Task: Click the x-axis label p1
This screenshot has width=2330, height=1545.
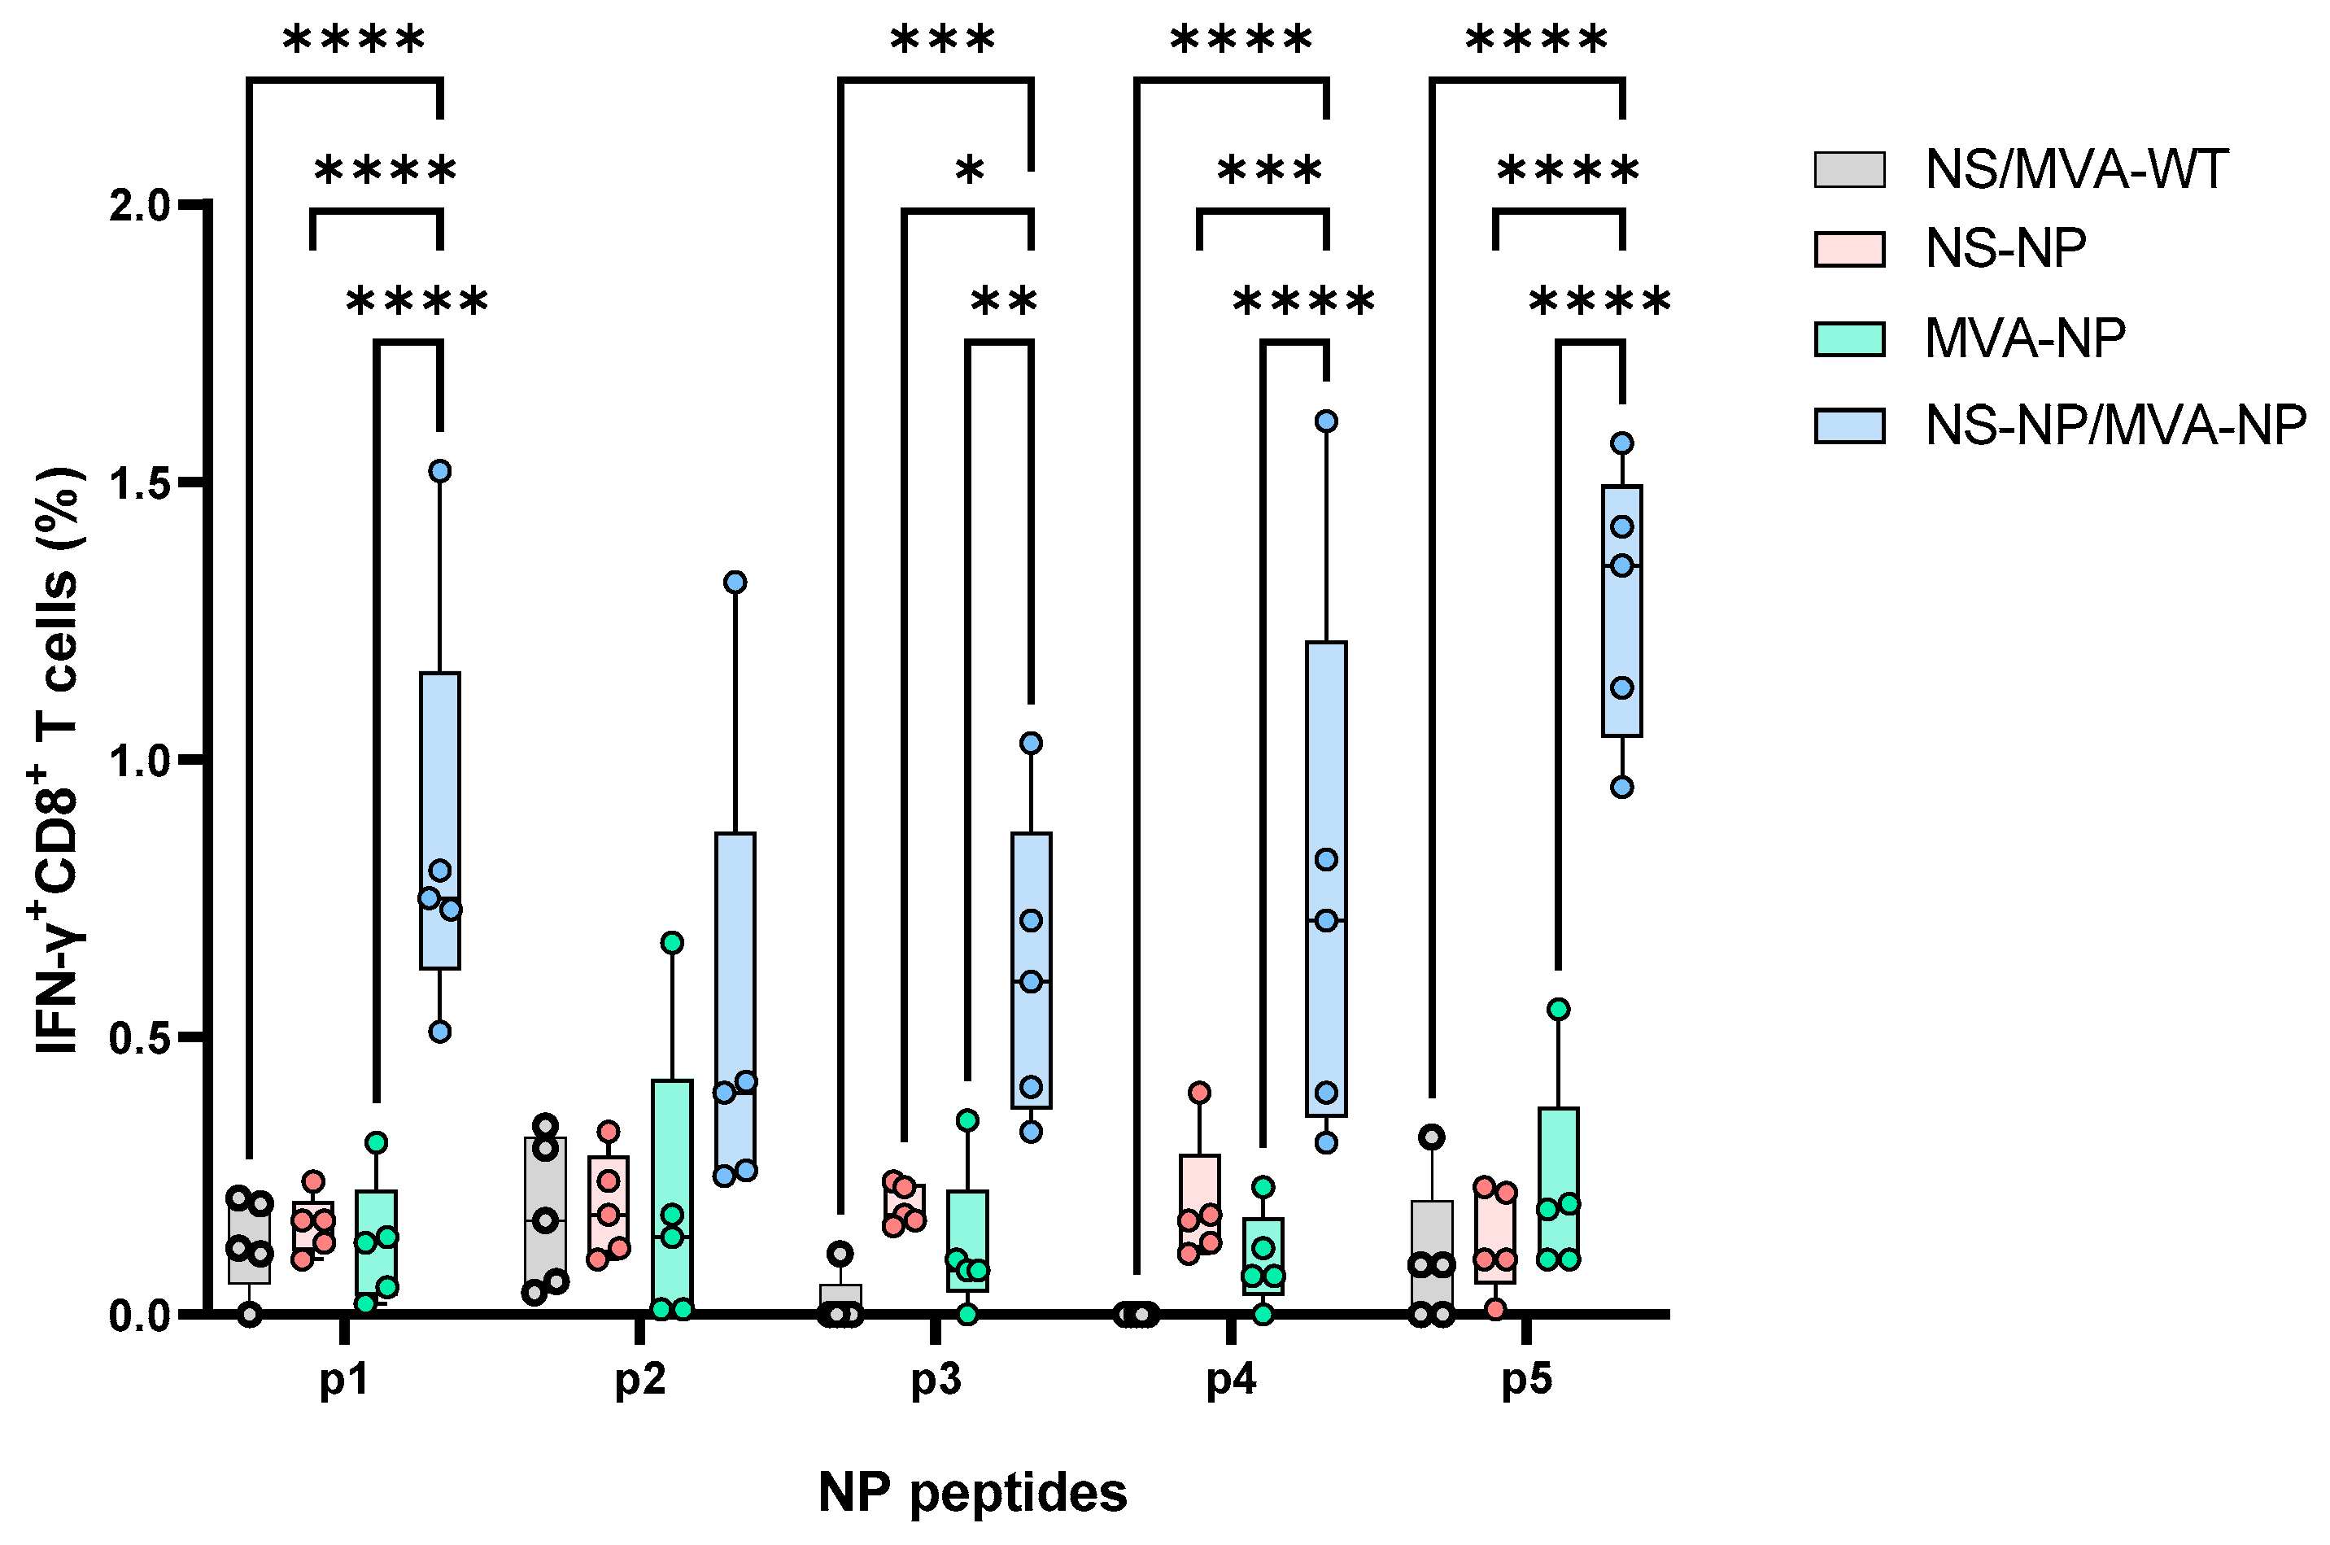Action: tap(344, 1381)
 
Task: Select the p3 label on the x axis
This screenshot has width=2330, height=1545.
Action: tap(935, 1381)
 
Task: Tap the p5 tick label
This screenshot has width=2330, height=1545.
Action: tap(1526, 1381)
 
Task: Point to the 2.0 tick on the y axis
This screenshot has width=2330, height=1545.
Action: tap(140, 205)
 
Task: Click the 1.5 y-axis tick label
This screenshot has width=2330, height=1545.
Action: tap(140, 482)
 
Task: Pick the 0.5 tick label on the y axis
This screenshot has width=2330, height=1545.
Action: tap(140, 1037)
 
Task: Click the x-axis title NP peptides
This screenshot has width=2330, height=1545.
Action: tap(972, 1493)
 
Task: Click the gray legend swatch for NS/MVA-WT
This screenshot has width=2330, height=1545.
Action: tap(1849, 169)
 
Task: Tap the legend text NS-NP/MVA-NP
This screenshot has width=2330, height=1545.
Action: tap(2115, 426)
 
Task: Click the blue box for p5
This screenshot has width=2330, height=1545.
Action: tap(1621, 611)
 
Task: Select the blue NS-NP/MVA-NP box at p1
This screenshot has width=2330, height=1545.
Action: tap(439, 820)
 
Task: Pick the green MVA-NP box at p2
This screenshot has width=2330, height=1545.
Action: tap(672, 1194)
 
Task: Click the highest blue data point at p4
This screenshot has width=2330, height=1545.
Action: tap(1326, 421)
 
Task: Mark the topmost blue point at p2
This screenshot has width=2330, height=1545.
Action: tap(735, 583)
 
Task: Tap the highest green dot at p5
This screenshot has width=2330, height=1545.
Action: tap(1559, 1009)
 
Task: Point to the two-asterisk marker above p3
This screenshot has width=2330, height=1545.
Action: tap(1003, 300)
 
